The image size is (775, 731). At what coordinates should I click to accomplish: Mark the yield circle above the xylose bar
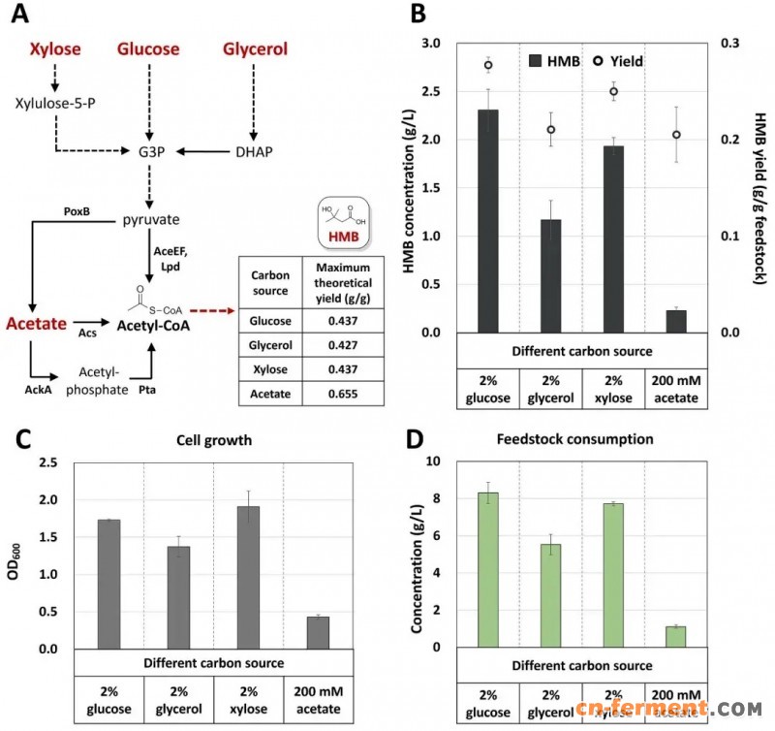613,92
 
